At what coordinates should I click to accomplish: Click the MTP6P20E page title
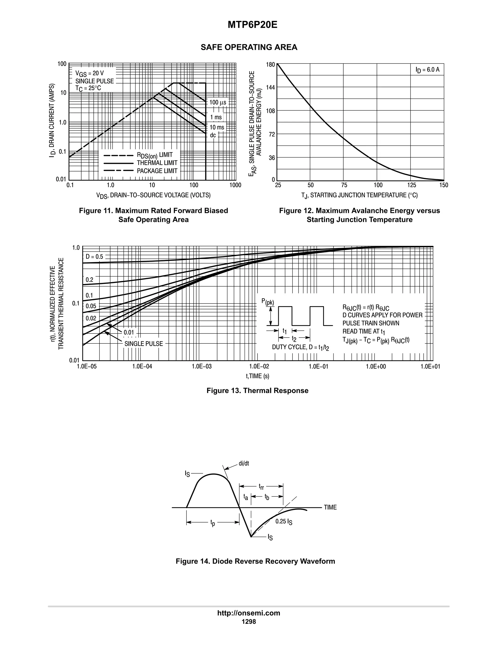252,25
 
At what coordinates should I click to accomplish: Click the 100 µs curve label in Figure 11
218,102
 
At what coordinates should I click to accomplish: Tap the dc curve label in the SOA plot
213,135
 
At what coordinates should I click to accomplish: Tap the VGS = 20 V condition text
89,73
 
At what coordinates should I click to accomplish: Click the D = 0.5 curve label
94,257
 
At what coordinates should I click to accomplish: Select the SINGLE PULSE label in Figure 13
144,344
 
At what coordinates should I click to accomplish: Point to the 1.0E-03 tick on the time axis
202,367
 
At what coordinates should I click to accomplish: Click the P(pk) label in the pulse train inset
267,302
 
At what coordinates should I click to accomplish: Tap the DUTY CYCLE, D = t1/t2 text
300,347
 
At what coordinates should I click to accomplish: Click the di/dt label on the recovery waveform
244,463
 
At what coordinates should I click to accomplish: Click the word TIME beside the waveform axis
330,507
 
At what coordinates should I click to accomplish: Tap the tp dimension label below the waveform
213,523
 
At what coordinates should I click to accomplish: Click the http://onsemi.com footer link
249,613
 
